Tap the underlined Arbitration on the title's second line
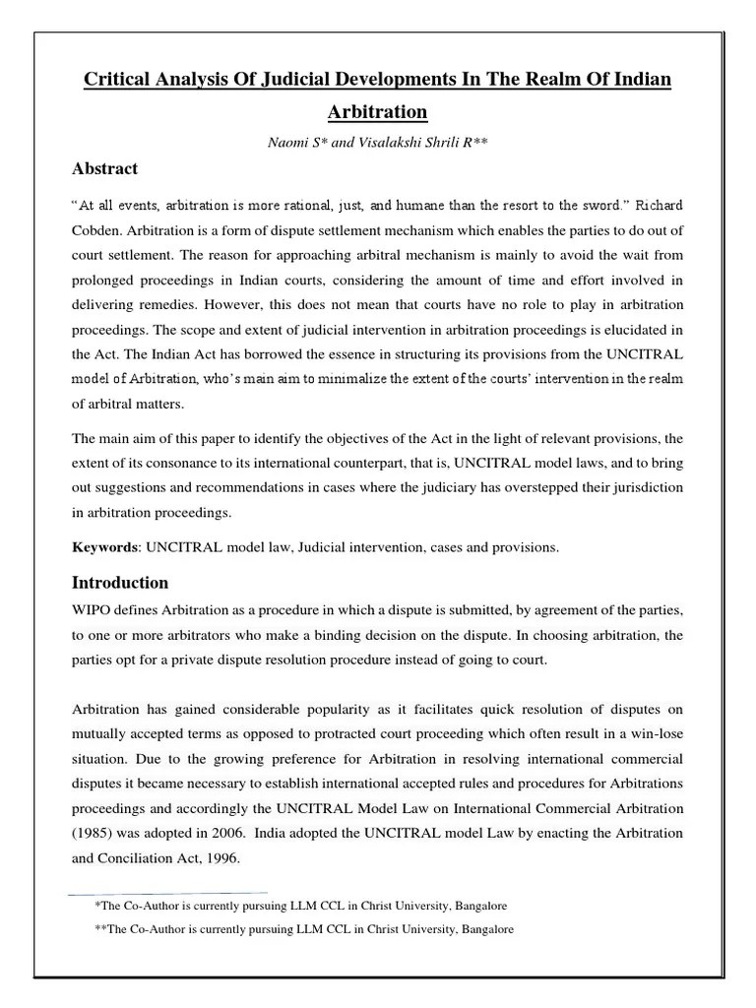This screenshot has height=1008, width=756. point(377,111)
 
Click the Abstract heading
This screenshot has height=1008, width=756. point(105,168)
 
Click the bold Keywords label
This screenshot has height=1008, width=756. point(104,547)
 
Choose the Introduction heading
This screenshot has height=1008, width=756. point(120,582)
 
